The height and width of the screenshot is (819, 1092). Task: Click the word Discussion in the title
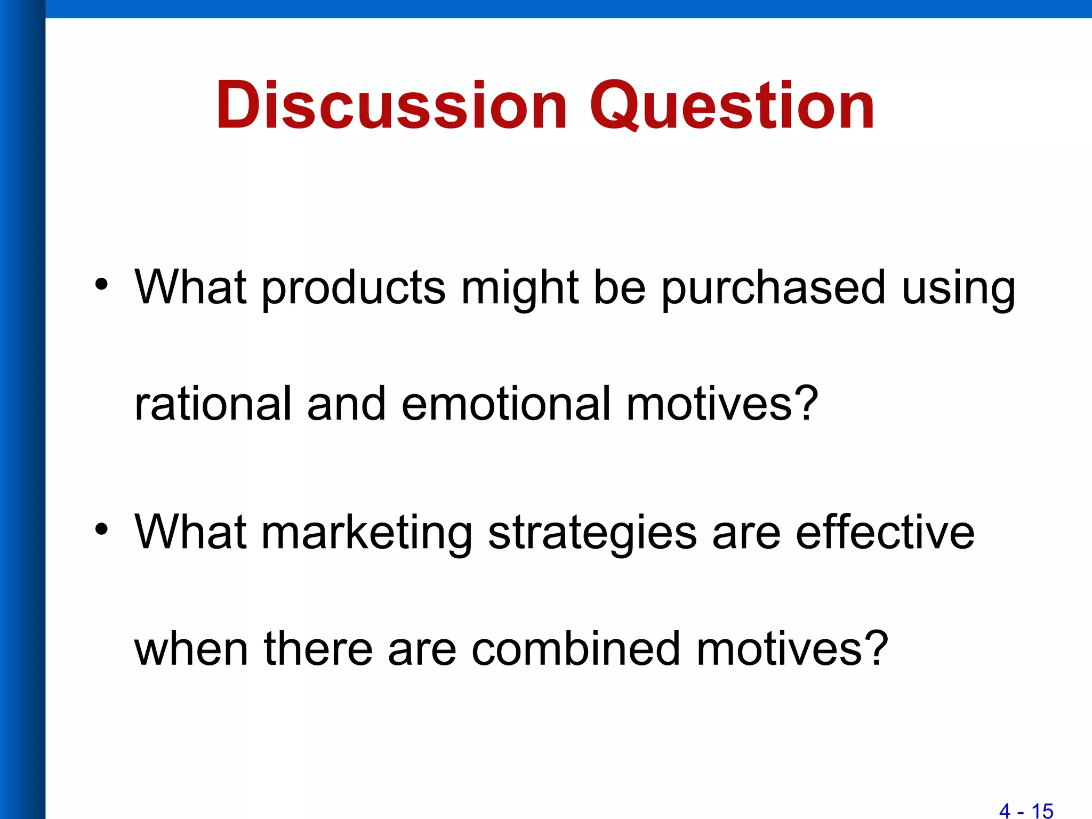click(391, 105)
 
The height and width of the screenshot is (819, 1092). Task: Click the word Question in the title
click(732, 105)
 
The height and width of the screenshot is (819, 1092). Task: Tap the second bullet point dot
click(101, 529)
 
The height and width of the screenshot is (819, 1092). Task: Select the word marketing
click(367, 533)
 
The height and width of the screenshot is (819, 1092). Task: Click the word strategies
click(592, 533)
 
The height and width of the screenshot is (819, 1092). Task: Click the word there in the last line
click(318, 649)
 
